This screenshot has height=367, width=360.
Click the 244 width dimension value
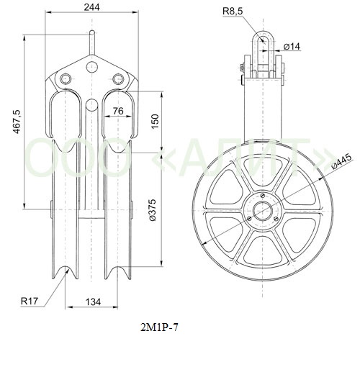click(x=91, y=7)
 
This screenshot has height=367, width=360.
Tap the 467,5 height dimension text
click(x=17, y=122)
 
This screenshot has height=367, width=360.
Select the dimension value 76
click(x=118, y=111)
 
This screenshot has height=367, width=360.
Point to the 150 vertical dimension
click(x=155, y=122)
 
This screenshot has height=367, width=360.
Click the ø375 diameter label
click(x=152, y=210)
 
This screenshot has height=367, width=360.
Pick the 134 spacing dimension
click(x=94, y=302)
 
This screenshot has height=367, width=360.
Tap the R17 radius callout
click(x=30, y=301)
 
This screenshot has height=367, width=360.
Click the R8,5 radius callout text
click(x=233, y=11)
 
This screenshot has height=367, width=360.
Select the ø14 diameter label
click(x=292, y=46)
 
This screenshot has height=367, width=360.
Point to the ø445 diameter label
click(x=342, y=162)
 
